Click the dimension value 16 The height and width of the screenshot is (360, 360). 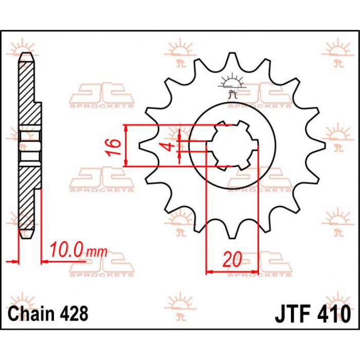117,147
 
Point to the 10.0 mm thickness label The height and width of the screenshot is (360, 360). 78,251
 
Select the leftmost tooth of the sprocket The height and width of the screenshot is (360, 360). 145,147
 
